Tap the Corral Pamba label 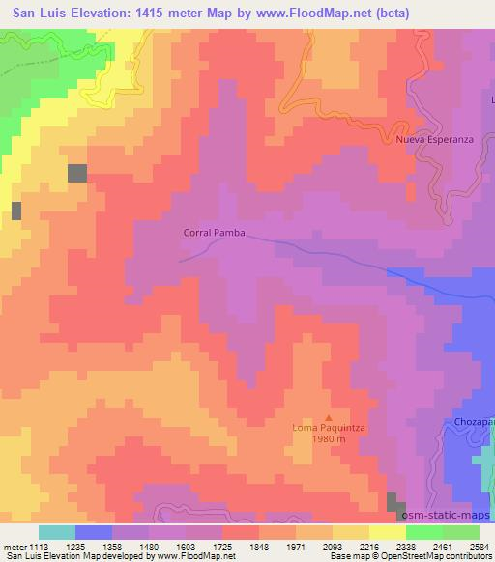point(214,233)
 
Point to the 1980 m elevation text point(330,440)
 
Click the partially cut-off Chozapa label point(475,423)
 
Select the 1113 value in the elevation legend point(40,546)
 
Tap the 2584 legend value point(480,546)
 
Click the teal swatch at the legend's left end point(57,532)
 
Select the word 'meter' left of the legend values point(14,546)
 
